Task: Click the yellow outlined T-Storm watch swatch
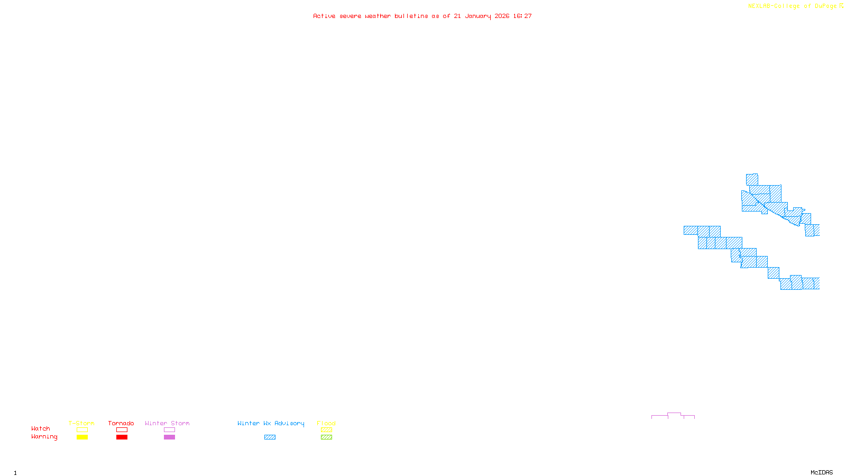click(82, 430)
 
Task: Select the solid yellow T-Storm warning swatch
click(82, 437)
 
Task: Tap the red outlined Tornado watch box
click(122, 430)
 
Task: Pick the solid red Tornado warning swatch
click(122, 437)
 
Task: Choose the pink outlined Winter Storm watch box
click(169, 430)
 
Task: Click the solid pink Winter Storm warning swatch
click(169, 437)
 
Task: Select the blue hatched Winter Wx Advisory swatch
click(270, 437)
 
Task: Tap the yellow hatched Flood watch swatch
click(326, 430)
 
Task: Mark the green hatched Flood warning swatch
click(326, 437)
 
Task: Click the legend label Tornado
click(121, 423)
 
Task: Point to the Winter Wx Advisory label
click(271, 423)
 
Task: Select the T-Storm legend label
click(81, 423)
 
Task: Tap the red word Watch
click(41, 429)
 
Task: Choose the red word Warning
click(44, 437)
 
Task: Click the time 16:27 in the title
click(522, 16)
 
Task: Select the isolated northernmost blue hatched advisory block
click(752, 179)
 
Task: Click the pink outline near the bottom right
click(674, 413)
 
